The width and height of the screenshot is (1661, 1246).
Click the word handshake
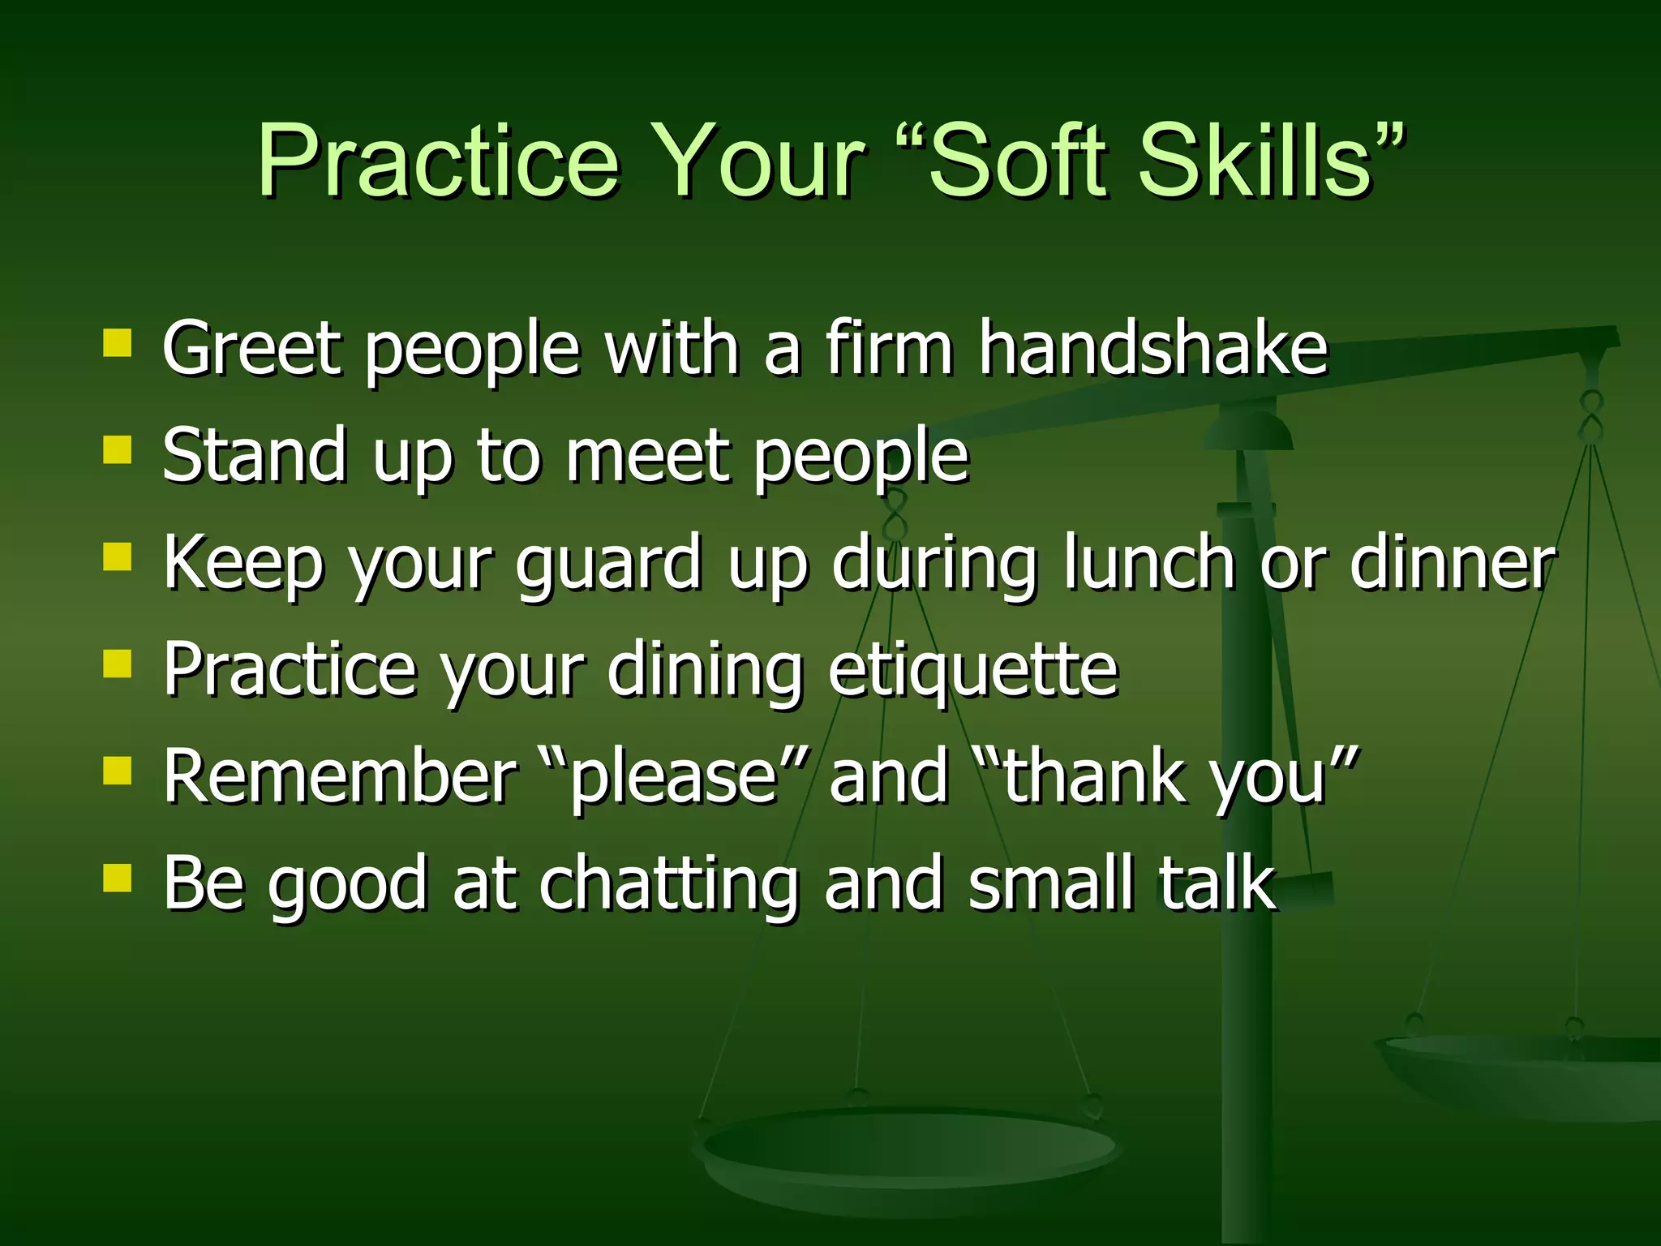[x=1152, y=348]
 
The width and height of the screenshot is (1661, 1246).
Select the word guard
[x=609, y=564]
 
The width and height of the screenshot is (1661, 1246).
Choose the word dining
[x=705, y=671]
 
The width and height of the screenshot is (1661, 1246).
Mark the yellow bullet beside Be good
[x=118, y=878]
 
